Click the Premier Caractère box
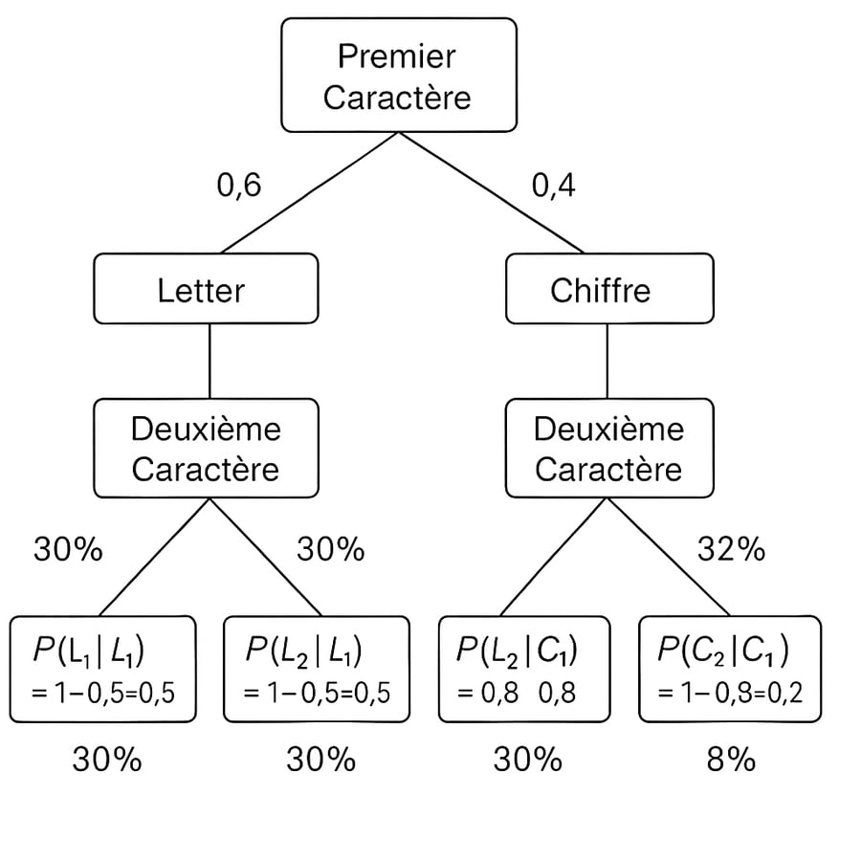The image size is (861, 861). pos(398,76)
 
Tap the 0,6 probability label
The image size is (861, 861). pos(238,185)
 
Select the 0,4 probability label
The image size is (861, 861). pos(554,185)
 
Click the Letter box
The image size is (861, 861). pos(206,289)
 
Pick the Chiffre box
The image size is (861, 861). pos(608,289)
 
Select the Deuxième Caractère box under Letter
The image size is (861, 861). pos(206,450)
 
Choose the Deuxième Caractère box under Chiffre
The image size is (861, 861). pos(608,450)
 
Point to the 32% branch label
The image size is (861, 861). pos(731,549)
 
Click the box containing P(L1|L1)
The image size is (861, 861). pos(103,669)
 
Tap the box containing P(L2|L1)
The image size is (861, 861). pos(317,669)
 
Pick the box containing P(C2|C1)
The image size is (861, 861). pos(729,669)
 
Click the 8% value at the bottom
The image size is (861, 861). pos(731,760)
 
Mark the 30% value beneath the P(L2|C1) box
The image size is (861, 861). pos(527,760)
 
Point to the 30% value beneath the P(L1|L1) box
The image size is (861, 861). pos(106,760)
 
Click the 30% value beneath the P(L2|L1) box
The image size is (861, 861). pos(320,760)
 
